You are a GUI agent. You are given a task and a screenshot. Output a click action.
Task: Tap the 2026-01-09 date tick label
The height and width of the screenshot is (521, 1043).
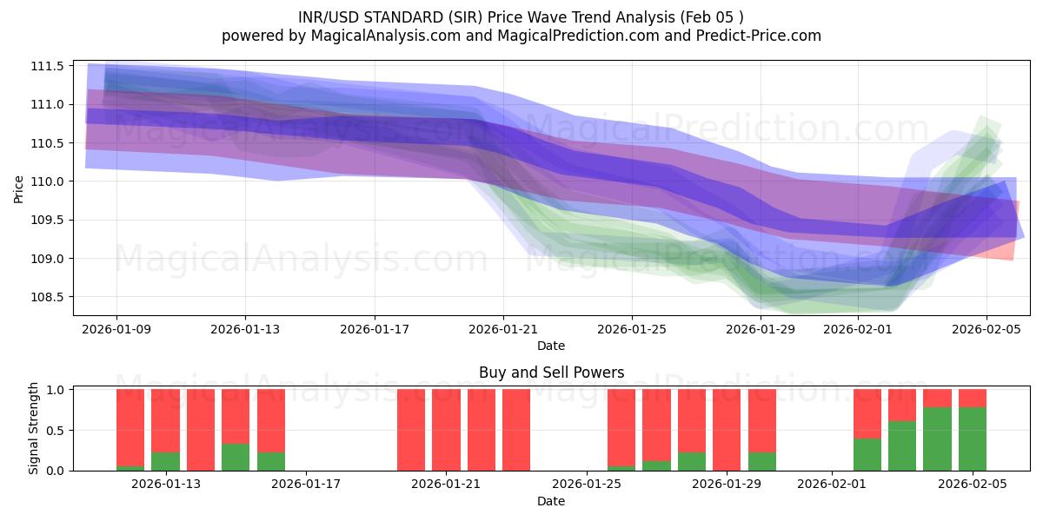point(116,329)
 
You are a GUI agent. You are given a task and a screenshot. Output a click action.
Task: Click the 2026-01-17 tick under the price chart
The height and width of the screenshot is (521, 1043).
point(374,329)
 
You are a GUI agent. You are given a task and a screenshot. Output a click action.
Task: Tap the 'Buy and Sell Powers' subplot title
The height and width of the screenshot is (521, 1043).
point(551,373)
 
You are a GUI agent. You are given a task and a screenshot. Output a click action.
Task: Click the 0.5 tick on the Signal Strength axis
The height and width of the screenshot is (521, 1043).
point(56,430)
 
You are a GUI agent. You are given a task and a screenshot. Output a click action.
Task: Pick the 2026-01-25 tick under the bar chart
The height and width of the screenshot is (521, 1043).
point(587,484)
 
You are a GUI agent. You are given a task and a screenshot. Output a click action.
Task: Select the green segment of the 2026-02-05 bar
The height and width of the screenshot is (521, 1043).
point(973,439)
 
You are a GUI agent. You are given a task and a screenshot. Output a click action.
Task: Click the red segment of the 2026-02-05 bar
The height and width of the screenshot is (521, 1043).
point(973,398)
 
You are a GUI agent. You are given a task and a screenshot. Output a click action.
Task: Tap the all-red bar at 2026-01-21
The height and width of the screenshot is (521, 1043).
point(446,430)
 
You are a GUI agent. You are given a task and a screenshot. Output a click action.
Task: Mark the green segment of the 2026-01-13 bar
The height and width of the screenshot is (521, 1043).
point(165,461)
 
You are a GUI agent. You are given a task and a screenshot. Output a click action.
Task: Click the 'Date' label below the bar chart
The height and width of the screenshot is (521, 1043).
point(551,501)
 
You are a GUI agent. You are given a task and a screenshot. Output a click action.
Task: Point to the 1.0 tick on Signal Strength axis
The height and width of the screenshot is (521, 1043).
point(56,389)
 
